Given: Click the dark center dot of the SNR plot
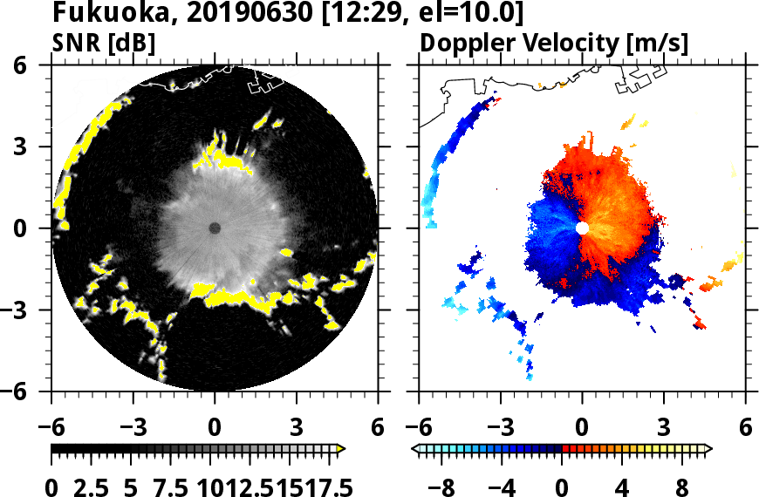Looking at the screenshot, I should (x=215, y=228).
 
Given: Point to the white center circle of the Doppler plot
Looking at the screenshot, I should (x=582, y=228).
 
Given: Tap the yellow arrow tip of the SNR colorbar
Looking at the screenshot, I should (x=341, y=449).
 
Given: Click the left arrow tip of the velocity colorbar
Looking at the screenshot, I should (x=415, y=449).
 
